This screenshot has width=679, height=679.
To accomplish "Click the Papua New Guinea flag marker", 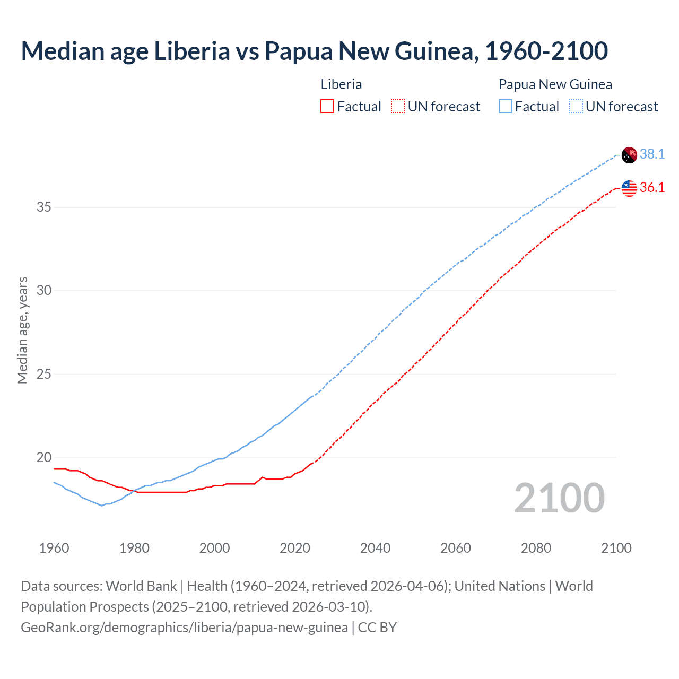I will point(629,155).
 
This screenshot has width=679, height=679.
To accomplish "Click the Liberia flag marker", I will point(629,188).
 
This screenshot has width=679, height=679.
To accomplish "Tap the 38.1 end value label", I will point(652,154).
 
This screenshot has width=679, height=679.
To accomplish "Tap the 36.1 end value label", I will point(652,187).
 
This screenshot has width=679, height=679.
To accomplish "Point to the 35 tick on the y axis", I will point(44,207).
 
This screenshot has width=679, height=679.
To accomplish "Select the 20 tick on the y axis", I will point(44,457).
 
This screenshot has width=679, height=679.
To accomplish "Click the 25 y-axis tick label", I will point(44,374).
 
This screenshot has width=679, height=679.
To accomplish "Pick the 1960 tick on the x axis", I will point(54,548).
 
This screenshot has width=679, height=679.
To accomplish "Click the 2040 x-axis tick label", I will point(375,548).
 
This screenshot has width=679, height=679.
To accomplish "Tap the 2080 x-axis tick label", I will point(536,548).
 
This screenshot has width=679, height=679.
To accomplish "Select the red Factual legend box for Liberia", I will point(327,107).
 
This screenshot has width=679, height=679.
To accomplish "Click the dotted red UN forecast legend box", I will point(398,107).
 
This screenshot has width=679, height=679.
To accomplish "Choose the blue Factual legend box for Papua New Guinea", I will point(506,107).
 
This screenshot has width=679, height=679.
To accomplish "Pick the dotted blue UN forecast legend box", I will point(576,107).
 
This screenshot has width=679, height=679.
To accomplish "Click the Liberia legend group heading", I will point(341,84).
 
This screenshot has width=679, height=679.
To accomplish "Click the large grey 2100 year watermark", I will point(559,498).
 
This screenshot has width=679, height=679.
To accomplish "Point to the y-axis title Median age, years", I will point(22,330).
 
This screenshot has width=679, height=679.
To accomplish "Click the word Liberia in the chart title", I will point(192,51).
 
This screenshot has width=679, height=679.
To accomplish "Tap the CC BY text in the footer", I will point(377,628).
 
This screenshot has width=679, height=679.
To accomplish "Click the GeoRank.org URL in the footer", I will point(184,628).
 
